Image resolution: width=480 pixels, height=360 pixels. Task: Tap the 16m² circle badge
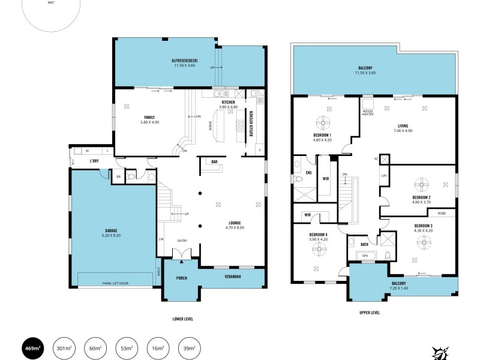pyautogui.click(x=157, y=347)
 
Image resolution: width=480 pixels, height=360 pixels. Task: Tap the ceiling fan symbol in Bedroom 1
pyautogui.click(x=325, y=123)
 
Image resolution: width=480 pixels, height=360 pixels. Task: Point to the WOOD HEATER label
pyautogui.click(x=368, y=112)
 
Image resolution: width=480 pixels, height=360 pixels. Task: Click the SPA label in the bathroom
pyautogui.click(x=365, y=256)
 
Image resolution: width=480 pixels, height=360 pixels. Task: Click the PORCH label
pyautogui.click(x=181, y=278)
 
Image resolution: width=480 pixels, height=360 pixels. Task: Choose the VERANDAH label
pyautogui.click(x=233, y=277)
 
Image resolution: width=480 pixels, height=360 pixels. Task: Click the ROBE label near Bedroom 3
pyautogui.click(x=441, y=213)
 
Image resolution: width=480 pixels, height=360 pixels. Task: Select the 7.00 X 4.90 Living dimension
pyautogui.click(x=403, y=130)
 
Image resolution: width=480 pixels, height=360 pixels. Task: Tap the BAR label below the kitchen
pyautogui.click(x=214, y=161)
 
